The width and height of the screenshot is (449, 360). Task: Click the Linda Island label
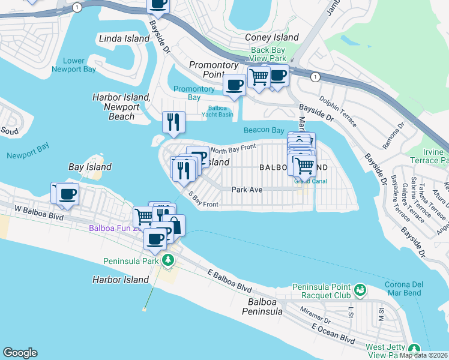coord(124,38)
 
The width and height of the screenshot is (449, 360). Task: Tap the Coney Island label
coord(271,37)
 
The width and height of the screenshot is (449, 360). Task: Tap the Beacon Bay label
coord(264,130)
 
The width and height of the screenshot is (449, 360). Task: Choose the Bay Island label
coord(90,167)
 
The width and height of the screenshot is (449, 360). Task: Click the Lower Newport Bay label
coord(79,65)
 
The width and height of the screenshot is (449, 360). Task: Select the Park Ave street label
coord(248,189)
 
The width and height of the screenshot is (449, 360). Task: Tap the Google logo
coord(20,353)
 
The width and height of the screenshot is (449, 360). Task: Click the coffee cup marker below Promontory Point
coord(234,85)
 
